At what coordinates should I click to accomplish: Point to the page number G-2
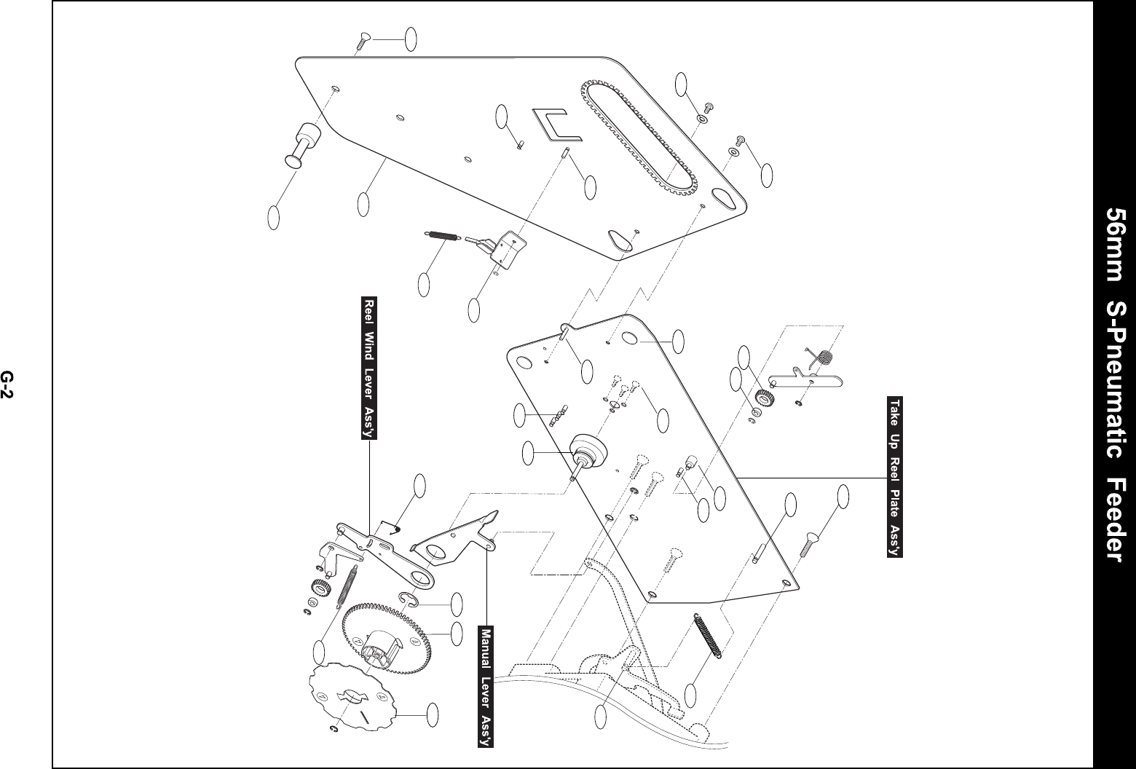point(7,384)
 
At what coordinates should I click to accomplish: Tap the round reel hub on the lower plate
point(588,448)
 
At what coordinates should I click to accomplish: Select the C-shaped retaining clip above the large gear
point(408,600)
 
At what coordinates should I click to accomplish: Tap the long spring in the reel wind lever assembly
point(347,587)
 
